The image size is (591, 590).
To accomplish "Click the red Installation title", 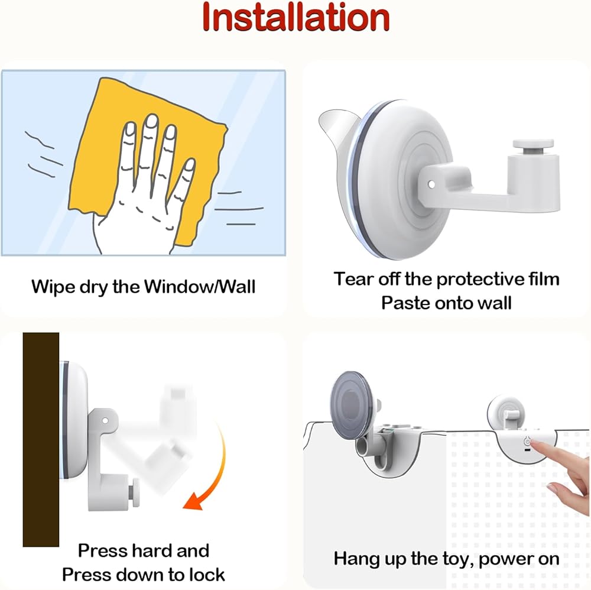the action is pos(295,17).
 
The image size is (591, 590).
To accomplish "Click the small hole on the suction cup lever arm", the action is pos(432,184).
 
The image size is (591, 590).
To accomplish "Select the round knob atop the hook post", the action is pos(533,144).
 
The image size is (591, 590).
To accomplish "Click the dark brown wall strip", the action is pos(41,439).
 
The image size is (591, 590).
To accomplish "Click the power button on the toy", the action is pos(527,441).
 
